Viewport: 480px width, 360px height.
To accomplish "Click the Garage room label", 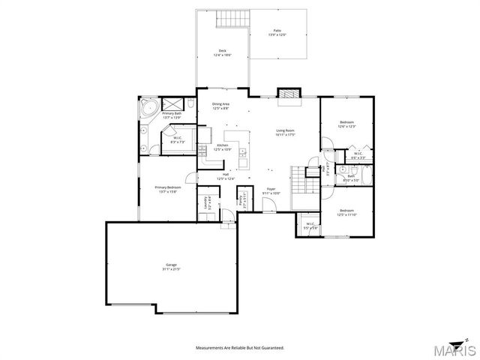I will (x=172, y=266).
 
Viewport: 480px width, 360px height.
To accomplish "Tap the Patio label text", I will (x=277, y=33).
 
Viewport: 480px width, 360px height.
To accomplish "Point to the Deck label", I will (x=222, y=52).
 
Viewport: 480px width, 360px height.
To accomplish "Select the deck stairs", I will (x=230, y=19).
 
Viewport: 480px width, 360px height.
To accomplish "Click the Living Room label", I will (x=286, y=133).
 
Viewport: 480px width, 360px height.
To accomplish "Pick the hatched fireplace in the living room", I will (x=288, y=94).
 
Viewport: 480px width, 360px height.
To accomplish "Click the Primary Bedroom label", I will (x=166, y=189).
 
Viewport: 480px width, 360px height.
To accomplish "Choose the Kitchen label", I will (x=223, y=147).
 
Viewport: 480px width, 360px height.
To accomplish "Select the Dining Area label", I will (x=220, y=106).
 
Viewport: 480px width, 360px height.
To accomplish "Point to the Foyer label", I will (x=271, y=191).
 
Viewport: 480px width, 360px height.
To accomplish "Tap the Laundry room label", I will (x=205, y=203).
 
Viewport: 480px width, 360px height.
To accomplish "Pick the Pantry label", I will (x=243, y=200).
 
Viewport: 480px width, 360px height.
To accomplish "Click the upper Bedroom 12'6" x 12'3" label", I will (x=346, y=124).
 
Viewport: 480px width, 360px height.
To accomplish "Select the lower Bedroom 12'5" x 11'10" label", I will (x=346, y=212).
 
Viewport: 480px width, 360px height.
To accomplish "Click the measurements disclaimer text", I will (x=240, y=349).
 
